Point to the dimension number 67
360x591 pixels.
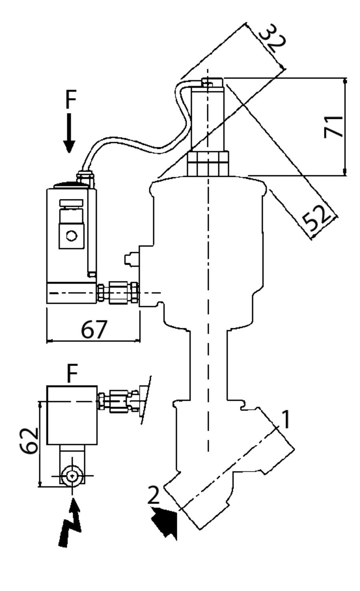click(x=94, y=329)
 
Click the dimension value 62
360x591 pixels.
click(x=29, y=440)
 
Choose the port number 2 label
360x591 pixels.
click(x=154, y=495)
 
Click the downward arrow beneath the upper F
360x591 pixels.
click(x=69, y=134)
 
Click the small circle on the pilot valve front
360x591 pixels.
click(x=72, y=236)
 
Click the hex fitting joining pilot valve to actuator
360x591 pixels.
click(x=118, y=293)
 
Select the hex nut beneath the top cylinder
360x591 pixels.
click(x=208, y=164)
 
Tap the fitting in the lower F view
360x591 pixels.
click(x=118, y=401)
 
